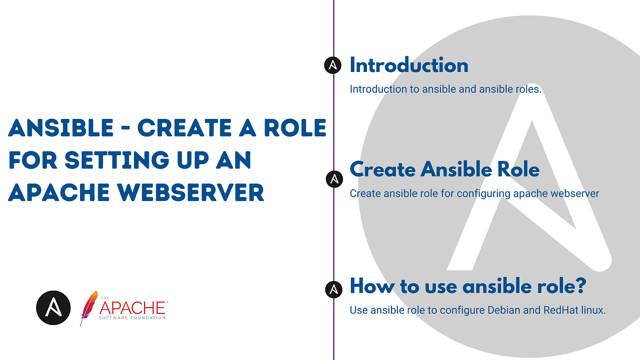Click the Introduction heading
click(x=409, y=66)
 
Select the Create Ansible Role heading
click(x=444, y=170)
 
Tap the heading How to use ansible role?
click(x=468, y=286)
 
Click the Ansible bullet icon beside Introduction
click(x=333, y=66)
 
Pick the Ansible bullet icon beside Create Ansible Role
click(x=334, y=179)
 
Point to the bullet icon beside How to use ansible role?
click(x=333, y=289)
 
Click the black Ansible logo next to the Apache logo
click(x=53, y=308)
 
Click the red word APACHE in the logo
click(x=132, y=308)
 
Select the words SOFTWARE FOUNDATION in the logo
click(x=132, y=318)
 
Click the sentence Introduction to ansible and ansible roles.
click(x=445, y=90)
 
